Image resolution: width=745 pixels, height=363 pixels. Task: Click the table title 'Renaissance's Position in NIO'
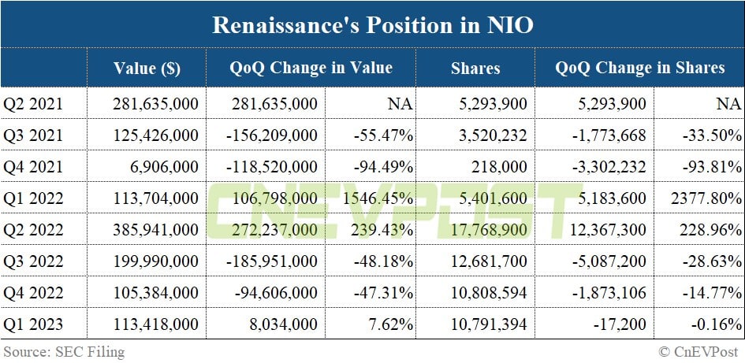tap(372, 25)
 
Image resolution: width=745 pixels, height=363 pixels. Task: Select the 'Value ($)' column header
tap(147, 68)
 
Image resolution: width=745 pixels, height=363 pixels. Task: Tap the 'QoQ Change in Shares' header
tap(639, 68)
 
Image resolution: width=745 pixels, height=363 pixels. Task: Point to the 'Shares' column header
tap(475, 68)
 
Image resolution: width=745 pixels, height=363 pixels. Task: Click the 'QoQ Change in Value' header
tap(311, 68)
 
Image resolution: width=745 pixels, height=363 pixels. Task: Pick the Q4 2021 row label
tap(33, 166)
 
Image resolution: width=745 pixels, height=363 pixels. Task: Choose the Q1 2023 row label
tap(33, 323)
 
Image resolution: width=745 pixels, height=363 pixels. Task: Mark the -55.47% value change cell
tap(385, 135)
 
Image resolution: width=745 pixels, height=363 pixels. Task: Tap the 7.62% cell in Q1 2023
tap(392, 323)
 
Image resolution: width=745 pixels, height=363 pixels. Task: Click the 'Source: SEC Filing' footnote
tap(64, 351)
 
